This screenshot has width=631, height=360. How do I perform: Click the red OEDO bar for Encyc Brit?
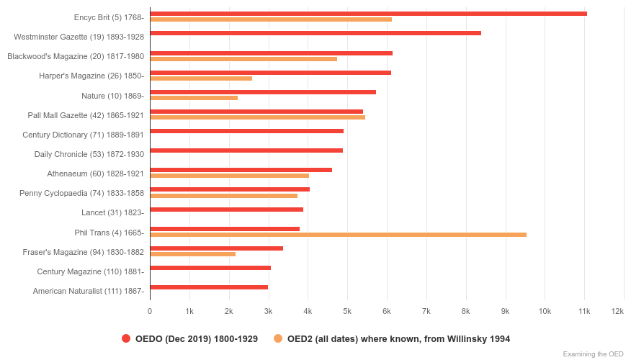[368, 14]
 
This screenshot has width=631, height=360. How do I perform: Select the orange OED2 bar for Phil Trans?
[338, 235]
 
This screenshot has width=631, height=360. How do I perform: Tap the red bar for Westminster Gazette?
[315, 33]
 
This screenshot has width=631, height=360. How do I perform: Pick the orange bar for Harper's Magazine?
[201, 78]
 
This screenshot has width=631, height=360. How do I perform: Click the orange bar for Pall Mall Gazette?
[257, 117]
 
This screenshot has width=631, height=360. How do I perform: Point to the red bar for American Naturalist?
[209, 287]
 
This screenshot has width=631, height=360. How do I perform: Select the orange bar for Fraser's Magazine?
[192, 254]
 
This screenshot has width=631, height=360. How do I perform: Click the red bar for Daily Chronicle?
[246, 150]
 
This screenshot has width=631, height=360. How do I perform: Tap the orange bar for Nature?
[194, 98]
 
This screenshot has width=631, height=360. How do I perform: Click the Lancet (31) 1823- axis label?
[112, 212]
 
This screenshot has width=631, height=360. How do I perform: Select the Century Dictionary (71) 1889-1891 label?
[83, 135]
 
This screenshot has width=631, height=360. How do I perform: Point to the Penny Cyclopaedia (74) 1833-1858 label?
[81, 193]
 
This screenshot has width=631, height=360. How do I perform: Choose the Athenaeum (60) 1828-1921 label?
[95, 174]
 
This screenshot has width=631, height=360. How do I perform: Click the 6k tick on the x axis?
[387, 311]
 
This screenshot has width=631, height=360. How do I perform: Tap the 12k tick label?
[617, 311]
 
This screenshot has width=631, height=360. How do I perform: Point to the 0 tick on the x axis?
[150, 311]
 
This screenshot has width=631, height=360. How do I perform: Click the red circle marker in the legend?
[126, 338]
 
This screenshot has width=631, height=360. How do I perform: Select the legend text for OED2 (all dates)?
[398, 338]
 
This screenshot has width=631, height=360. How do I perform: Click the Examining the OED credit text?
[593, 354]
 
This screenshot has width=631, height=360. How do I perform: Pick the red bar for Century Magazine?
[210, 268]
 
